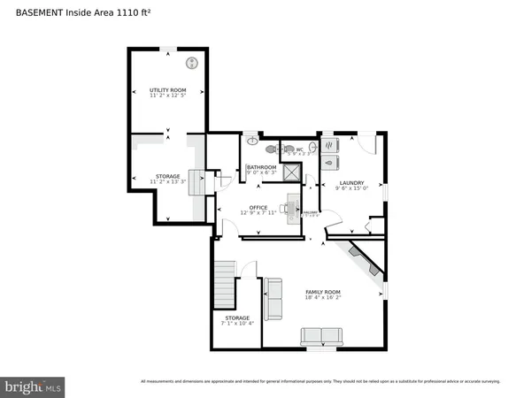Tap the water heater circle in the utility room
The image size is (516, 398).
pos(190,63)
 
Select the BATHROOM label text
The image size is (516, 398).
pos(261,167)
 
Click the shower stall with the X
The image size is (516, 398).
pos(292,172)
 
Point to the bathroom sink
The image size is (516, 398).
pos(253,140)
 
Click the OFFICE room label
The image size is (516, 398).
pos(258,207)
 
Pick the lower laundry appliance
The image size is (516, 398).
pos(330,162)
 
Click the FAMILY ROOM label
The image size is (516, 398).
pos(323,292)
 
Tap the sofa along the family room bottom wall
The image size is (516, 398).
pos(320,336)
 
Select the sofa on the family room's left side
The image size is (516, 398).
pos(273,298)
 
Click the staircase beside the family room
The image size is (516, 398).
pos(225,283)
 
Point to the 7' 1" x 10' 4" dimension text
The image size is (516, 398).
pos(237,324)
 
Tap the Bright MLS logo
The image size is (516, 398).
pos(33,386)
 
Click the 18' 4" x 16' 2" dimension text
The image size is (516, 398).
pos(323,298)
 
